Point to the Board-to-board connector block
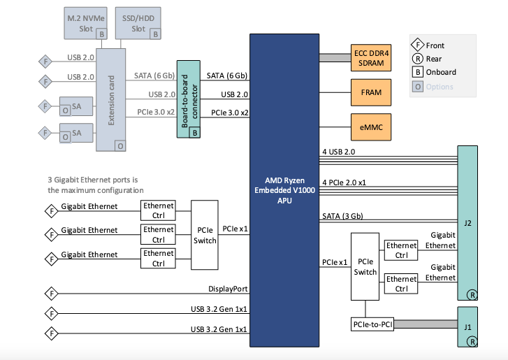pyautogui.click(x=187, y=99)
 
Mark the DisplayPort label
pyautogui.click(x=227, y=288)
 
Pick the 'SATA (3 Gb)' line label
pyautogui.click(x=342, y=215)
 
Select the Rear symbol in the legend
pyautogui.click(x=417, y=59)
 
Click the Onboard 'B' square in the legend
pyautogui.click(x=417, y=72)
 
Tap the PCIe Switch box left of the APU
pyautogui.click(x=205, y=235)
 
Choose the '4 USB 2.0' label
pyautogui.click(x=340, y=151)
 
